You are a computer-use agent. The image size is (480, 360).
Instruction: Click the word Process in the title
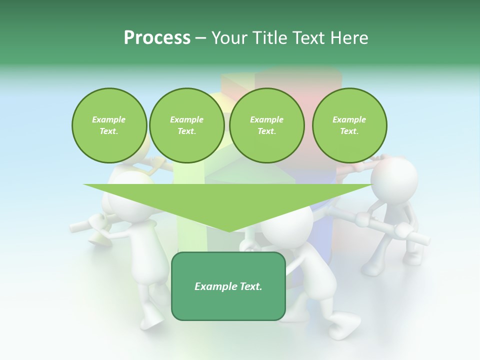(x=157, y=37)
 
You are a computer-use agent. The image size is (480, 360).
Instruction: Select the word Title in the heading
(x=270, y=37)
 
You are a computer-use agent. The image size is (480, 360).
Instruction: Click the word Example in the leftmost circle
(x=109, y=119)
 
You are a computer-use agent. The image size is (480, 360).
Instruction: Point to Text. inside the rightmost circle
(x=349, y=131)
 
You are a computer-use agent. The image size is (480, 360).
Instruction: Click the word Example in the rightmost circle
(x=349, y=119)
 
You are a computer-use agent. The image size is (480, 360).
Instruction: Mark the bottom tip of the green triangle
(x=228, y=230)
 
